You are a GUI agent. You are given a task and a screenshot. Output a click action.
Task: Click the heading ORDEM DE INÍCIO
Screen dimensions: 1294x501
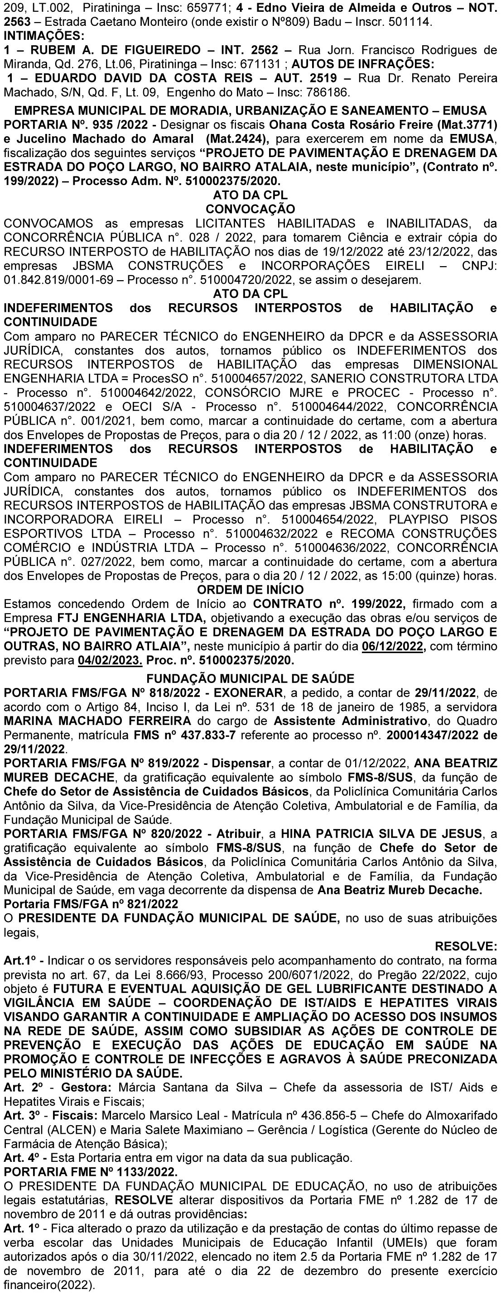250,589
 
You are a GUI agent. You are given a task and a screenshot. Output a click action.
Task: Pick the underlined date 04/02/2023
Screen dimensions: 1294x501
111,659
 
